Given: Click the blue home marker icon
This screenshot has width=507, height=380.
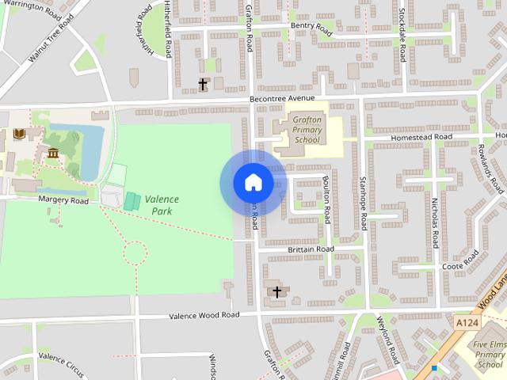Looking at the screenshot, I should [x=253, y=183].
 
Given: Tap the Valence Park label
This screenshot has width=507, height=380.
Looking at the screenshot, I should [x=162, y=205].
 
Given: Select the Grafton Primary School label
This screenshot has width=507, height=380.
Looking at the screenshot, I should [x=306, y=129].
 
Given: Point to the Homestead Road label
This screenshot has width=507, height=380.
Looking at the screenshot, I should [x=420, y=136].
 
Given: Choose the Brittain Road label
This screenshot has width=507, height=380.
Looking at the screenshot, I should [x=311, y=249].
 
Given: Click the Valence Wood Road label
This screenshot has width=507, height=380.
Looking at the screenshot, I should [x=204, y=315].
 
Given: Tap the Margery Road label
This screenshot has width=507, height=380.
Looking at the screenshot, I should [x=63, y=199].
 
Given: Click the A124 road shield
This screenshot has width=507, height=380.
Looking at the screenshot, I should [x=467, y=322].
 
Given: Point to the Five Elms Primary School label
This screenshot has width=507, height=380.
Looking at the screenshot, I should [x=490, y=355].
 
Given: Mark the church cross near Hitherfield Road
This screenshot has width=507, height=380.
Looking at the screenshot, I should [x=203, y=83].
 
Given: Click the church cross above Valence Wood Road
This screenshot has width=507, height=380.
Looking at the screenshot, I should [x=277, y=292].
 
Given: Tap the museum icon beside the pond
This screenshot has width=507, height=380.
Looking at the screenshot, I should [x=53, y=152].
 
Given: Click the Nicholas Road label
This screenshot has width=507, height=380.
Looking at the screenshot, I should [x=435, y=222].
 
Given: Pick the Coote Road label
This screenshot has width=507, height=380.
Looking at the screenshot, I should [x=452, y=266].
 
